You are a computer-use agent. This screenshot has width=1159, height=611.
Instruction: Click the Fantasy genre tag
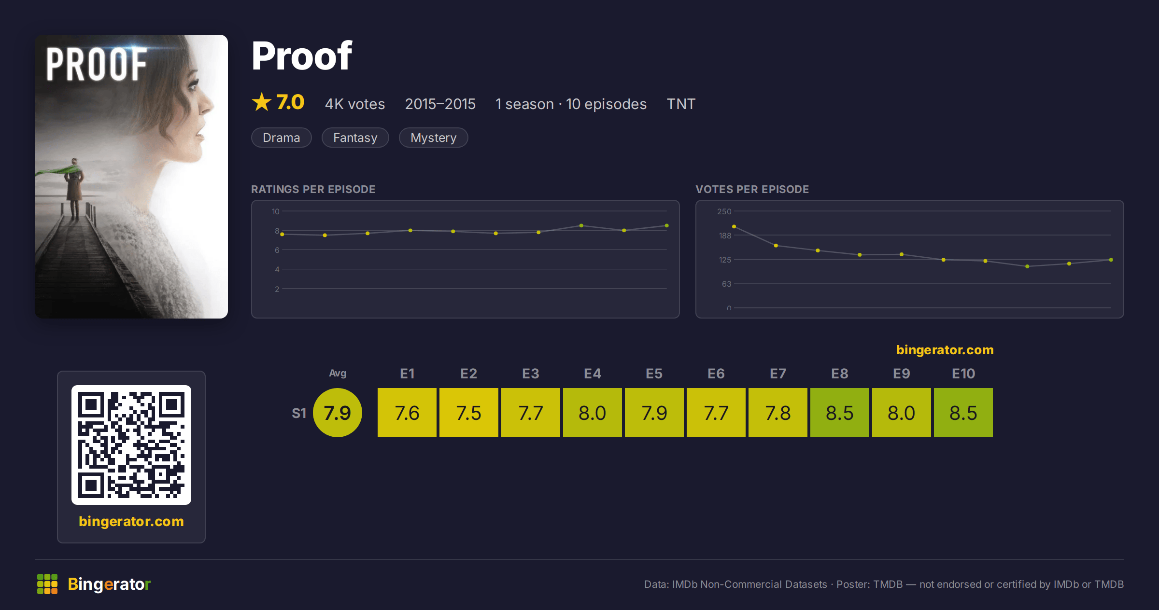pyautogui.click(x=355, y=138)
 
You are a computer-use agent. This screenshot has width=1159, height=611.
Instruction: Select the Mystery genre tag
pyautogui.click(x=433, y=138)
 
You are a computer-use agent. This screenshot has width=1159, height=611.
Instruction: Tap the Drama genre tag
pyautogui.click(x=281, y=138)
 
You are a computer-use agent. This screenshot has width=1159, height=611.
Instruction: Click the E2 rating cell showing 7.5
pyautogui.click(x=468, y=413)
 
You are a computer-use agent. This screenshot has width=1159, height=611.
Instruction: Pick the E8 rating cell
pyautogui.click(x=839, y=413)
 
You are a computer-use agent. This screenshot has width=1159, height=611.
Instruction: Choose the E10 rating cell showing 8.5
pyautogui.click(x=963, y=413)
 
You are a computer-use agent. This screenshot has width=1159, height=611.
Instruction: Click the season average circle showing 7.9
pyautogui.click(x=337, y=413)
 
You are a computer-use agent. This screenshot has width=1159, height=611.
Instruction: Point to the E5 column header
pyautogui.click(x=654, y=374)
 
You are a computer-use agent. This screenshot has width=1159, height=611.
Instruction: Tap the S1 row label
pyautogui.click(x=299, y=413)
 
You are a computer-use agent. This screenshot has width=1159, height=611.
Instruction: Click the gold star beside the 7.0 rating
pyautogui.click(x=262, y=102)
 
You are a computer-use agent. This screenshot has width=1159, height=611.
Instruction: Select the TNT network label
pyautogui.click(x=681, y=104)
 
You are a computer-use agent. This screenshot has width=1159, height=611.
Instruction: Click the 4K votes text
pyautogui.click(x=355, y=104)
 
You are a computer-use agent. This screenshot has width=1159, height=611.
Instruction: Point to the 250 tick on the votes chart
pyautogui.click(x=724, y=211)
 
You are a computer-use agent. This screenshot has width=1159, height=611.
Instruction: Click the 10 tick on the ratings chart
pyautogui.click(x=275, y=211)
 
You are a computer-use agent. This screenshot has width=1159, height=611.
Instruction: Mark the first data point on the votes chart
pyautogui.click(x=734, y=226)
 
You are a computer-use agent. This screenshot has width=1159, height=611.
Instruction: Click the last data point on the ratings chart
pyautogui.click(x=667, y=225)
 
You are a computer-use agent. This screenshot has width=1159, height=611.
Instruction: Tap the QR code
pyautogui.click(x=131, y=444)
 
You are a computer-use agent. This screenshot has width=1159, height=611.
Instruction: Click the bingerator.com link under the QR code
pyautogui.click(x=131, y=521)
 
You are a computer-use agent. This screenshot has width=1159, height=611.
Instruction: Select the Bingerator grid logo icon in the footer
pyautogui.click(x=47, y=584)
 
